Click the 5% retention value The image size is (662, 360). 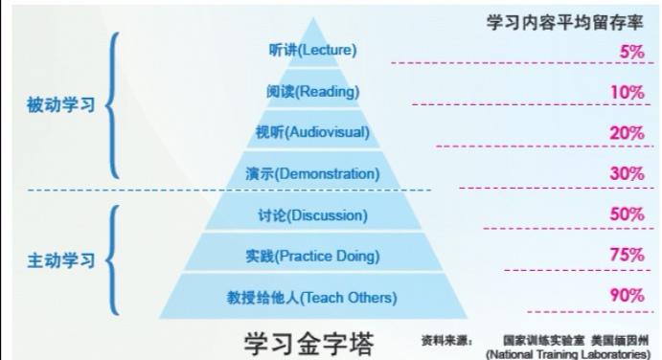coord(630,52)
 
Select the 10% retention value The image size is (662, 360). coord(628,92)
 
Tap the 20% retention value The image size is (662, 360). coord(627,133)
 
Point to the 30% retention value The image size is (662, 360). coord(627,174)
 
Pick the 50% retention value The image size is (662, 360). coord(627,214)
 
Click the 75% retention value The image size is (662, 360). coord(627,255)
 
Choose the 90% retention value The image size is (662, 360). coord(627,296)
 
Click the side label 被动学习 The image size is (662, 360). coord(60,106)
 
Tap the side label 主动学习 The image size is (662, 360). coord(60,260)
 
